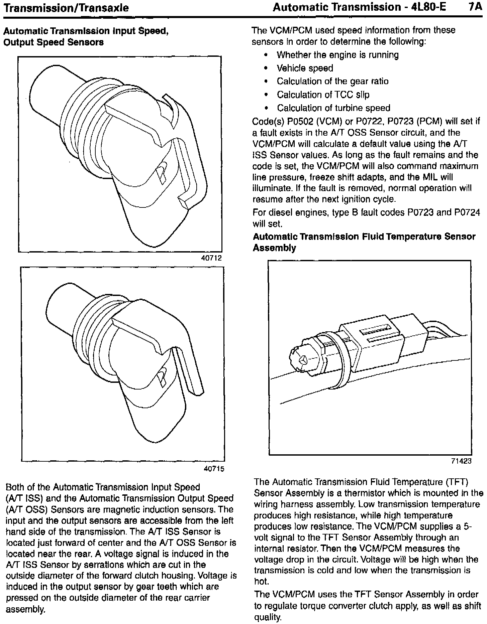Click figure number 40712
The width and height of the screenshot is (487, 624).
(211, 258)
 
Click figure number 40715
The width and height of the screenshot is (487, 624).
(214, 469)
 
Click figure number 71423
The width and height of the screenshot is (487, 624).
(461, 461)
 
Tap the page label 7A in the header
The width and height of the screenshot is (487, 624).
(475, 7)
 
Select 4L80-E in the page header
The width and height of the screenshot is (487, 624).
(426, 7)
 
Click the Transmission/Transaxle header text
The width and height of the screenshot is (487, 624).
(66, 8)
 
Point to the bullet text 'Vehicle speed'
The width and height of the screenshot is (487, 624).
(305, 68)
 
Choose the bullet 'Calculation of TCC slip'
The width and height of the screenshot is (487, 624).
(323, 95)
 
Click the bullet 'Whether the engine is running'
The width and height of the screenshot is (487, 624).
(337, 55)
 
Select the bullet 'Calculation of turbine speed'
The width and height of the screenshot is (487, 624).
(333, 108)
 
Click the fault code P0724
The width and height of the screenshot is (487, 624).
(467, 212)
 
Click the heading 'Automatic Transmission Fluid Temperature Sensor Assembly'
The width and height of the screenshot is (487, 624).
(364, 242)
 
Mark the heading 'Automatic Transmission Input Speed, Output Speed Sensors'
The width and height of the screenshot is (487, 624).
(86, 37)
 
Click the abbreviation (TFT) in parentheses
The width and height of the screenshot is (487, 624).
(457, 482)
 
